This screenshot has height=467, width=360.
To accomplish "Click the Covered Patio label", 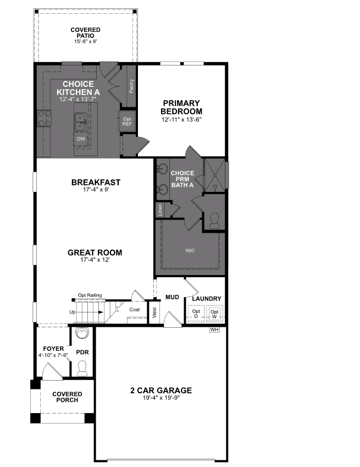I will coord(86,32).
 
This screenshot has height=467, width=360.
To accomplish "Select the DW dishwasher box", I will coord(80,138).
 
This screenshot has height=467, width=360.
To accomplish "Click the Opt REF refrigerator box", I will coord(127,121).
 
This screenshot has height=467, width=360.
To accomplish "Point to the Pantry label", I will coord(132,87).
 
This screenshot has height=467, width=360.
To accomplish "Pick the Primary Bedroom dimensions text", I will coord(182,119).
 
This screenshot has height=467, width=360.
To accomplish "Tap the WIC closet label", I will coord(190,250).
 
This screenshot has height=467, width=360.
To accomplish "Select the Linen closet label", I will coord(160,209).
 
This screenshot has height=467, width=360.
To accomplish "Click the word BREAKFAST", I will coord(96,182).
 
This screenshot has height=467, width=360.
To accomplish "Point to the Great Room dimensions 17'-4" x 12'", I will coord(95,260).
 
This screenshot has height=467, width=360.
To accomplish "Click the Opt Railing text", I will coord(90,295).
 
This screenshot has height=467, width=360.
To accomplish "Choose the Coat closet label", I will coord(135,309).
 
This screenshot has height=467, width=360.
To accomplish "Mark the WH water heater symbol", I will coord(215,330).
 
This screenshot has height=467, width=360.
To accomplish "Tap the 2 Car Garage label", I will coord(161,391).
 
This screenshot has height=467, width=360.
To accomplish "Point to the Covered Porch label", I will coord(67,397).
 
